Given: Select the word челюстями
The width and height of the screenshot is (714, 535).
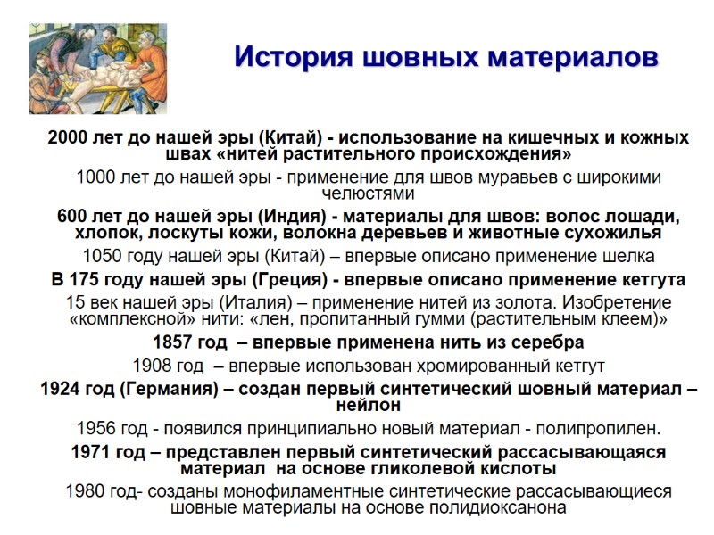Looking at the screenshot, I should [x=369, y=193].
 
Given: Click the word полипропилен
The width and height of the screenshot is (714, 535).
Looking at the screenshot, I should [x=591, y=428].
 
